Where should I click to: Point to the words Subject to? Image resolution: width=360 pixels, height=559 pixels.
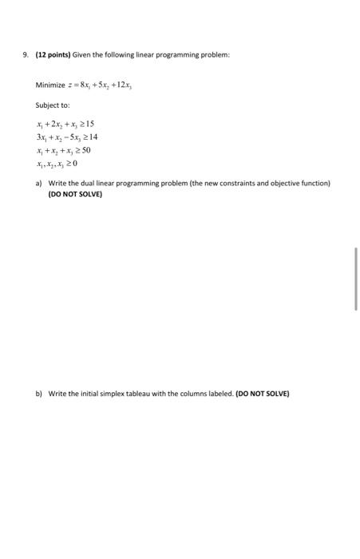tap(53, 105)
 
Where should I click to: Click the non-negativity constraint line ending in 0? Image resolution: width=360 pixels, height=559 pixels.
tap(56, 163)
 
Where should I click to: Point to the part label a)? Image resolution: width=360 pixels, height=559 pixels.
tap(39, 183)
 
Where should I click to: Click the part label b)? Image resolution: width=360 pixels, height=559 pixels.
tap(39, 394)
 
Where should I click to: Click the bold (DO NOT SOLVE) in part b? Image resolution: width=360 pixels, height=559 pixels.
tap(263, 394)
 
